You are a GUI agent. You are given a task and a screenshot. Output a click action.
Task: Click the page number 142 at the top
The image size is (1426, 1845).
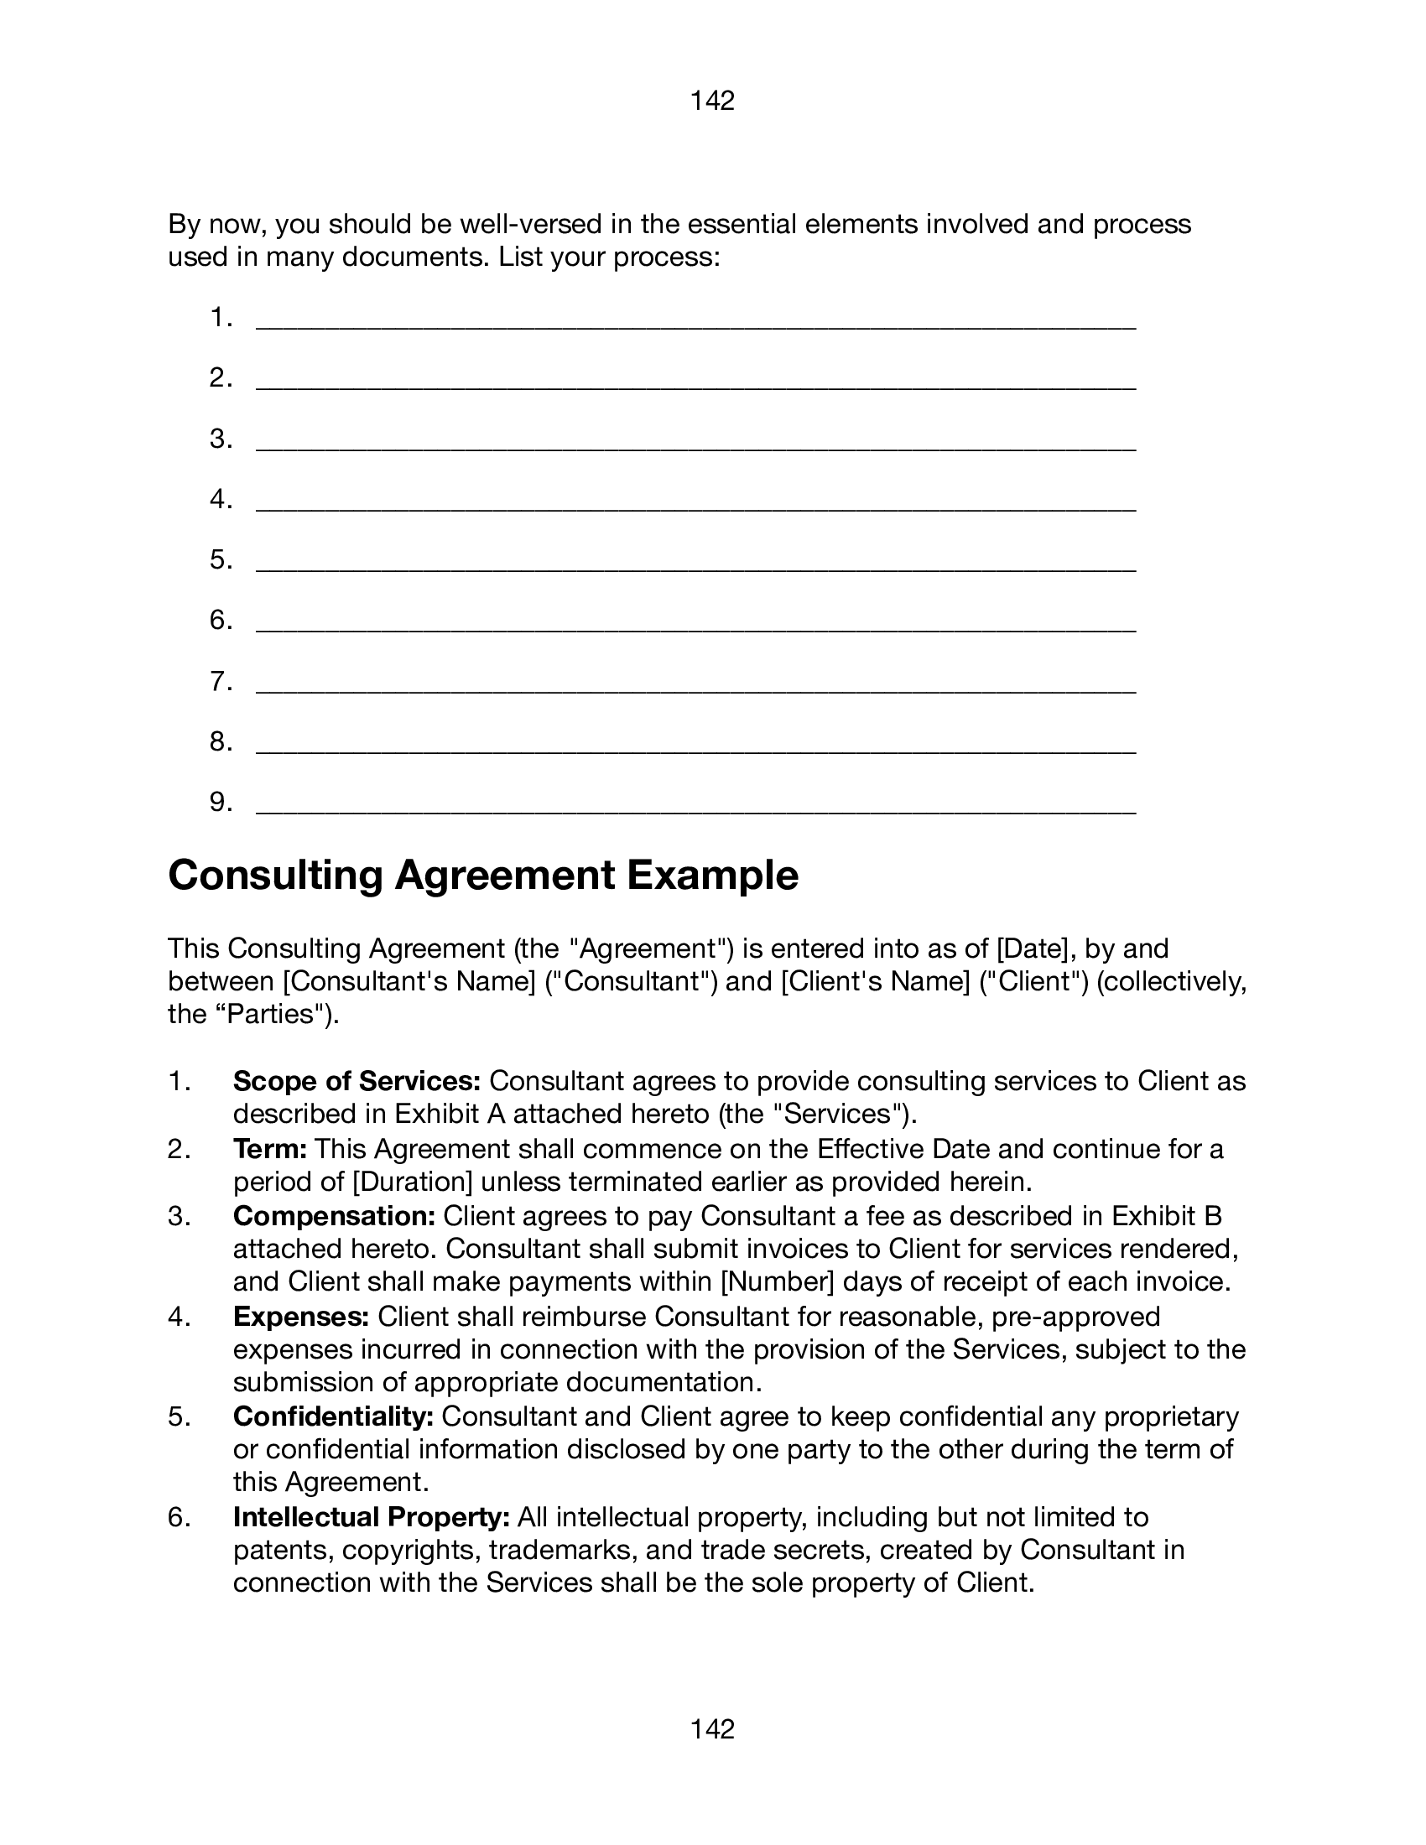(x=712, y=101)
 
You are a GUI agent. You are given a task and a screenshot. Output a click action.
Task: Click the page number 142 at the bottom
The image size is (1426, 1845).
(x=712, y=1729)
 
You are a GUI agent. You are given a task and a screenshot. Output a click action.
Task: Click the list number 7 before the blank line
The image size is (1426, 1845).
(x=221, y=681)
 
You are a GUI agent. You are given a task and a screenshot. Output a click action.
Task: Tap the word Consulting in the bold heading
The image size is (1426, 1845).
(x=275, y=876)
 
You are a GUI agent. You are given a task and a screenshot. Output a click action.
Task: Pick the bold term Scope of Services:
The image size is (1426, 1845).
(x=356, y=1081)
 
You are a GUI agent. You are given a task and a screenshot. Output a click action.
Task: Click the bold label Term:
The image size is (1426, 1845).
(x=269, y=1149)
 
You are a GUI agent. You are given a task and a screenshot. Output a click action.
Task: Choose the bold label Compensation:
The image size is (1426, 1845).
(x=334, y=1216)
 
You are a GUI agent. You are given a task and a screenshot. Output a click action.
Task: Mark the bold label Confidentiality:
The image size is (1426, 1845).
(x=333, y=1416)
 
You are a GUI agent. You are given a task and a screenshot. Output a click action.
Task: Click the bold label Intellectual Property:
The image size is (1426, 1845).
(x=371, y=1517)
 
